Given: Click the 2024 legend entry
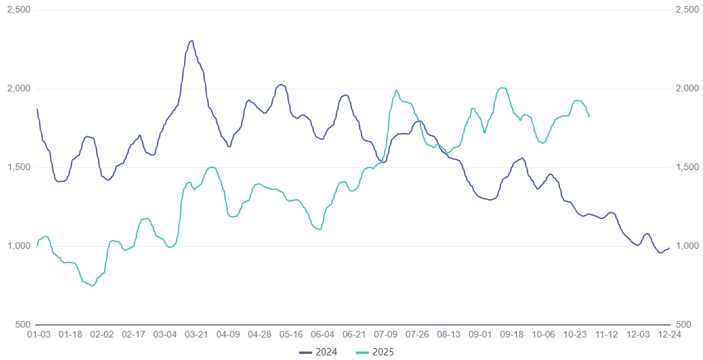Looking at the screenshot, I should coord(318,352).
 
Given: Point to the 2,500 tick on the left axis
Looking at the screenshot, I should coord(18,10).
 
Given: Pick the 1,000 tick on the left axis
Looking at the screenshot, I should coord(18,246).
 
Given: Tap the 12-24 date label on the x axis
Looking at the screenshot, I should coord(669,335).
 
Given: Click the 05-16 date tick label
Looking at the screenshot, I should coord(290,335).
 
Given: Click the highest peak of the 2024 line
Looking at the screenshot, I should coord(192,40).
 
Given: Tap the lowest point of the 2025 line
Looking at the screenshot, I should coord(91,285).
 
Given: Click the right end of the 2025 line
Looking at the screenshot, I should coord(589,116).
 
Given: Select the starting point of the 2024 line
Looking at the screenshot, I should coord(37,109).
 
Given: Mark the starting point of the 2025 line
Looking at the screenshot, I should coord(37,246).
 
